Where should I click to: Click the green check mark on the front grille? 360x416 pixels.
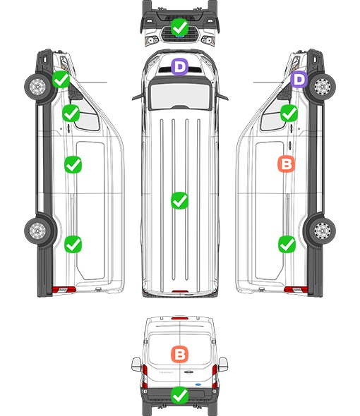pyautogui.click(x=179, y=27)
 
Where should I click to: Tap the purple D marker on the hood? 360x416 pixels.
pyautogui.click(x=179, y=66)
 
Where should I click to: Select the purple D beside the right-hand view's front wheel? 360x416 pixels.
pyautogui.click(x=299, y=79)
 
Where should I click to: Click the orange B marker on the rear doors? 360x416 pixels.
pyautogui.click(x=179, y=354)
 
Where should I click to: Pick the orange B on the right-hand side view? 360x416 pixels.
pyautogui.click(x=286, y=164)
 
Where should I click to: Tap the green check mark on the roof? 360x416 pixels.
pyautogui.click(x=179, y=200)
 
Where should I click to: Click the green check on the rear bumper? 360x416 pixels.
pyautogui.click(x=179, y=396)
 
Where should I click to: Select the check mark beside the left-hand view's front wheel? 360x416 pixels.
pyautogui.click(x=61, y=79)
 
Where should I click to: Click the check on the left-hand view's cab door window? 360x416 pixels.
pyautogui.click(x=71, y=113)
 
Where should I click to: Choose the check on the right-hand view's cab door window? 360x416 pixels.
pyautogui.click(x=289, y=113)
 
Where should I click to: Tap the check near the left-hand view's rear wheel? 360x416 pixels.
pyautogui.click(x=73, y=244)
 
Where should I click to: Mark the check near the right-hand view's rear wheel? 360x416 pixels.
pyautogui.click(x=287, y=244)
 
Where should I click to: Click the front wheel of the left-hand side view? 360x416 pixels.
pyautogui.click(x=37, y=87)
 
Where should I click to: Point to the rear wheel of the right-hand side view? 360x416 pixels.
pyautogui.click(x=323, y=231)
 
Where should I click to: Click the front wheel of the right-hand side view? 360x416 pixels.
pyautogui.click(x=323, y=87)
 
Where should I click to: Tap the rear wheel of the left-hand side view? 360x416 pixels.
pyautogui.click(x=37, y=231)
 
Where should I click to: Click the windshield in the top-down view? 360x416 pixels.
pyautogui.click(x=180, y=95)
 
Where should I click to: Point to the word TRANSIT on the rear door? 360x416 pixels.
pyautogui.click(x=166, y=372)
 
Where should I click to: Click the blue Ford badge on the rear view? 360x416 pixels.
pyautogui.click(x=198, y=384)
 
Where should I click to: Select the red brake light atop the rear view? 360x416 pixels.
pyautogui.click(x=180, y=318)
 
